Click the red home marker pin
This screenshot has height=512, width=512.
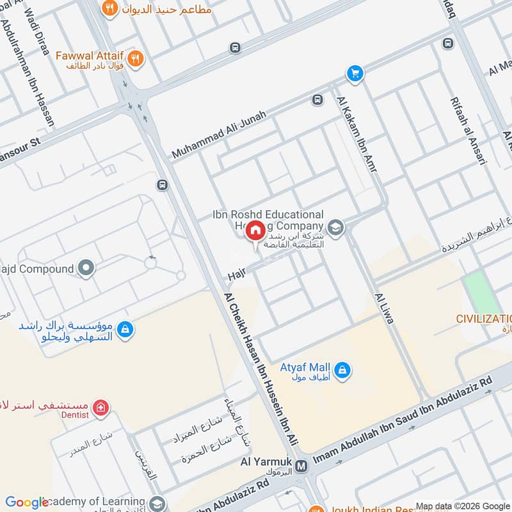point(255,230)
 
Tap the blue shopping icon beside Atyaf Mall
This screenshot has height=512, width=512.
point(342,371)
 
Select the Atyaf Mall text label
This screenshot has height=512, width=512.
point(305,367)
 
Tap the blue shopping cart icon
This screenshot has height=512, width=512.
point(355,74)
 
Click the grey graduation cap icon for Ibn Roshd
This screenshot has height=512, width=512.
point(335,227)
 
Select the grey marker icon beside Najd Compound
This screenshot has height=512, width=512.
point(86,269)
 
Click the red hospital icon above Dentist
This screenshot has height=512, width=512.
point(99,407)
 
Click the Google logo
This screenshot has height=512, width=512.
point(27,502)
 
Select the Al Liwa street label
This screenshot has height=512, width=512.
point(385,308)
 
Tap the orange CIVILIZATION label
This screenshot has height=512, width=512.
point(483,318)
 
